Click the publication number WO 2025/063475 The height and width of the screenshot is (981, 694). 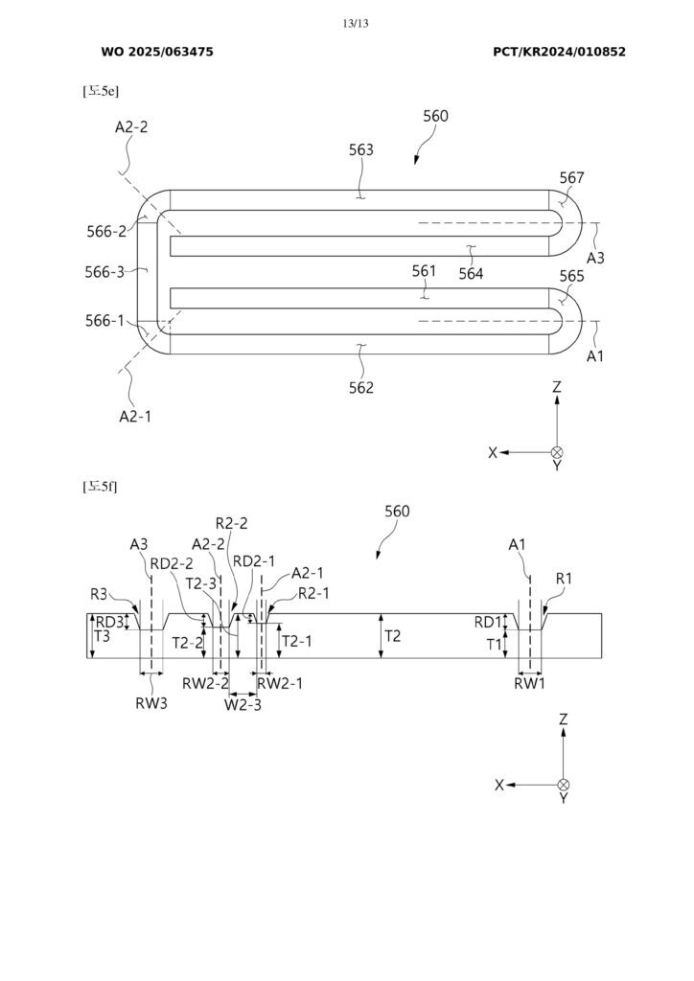[157, 52]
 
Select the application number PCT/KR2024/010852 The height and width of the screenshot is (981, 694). [559, 52]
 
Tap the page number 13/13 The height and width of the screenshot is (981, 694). [355, 23]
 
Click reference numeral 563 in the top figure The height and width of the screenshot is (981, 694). [361, 150]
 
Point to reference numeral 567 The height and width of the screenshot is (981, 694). [571, 178]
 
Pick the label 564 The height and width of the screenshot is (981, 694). [471, 274]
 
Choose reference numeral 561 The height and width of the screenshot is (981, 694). [425, 271]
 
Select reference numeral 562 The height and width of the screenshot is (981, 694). [361, 388]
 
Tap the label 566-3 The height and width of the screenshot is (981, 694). [104, 272]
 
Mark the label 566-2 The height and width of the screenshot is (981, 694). [105, 231]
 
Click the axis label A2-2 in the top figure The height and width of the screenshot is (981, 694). [131, 126]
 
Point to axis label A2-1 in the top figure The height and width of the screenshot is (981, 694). [135, 416]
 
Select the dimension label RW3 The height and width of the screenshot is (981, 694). [150, 699]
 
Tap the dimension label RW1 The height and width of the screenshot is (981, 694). [529, 684]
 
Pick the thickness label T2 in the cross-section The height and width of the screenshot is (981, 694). [394, 636]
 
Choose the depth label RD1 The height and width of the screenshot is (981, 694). [488, 623]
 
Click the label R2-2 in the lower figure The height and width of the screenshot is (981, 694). [232, 523]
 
